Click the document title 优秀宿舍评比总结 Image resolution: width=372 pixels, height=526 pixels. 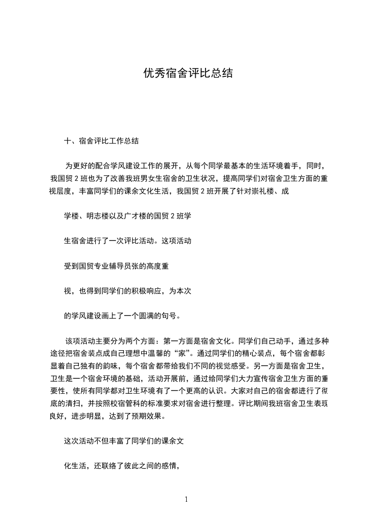(x=188, y=74)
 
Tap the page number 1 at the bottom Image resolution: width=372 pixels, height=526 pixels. (x=186, y=499)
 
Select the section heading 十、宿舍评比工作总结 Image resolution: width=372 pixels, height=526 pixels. (x=101, y=141)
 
